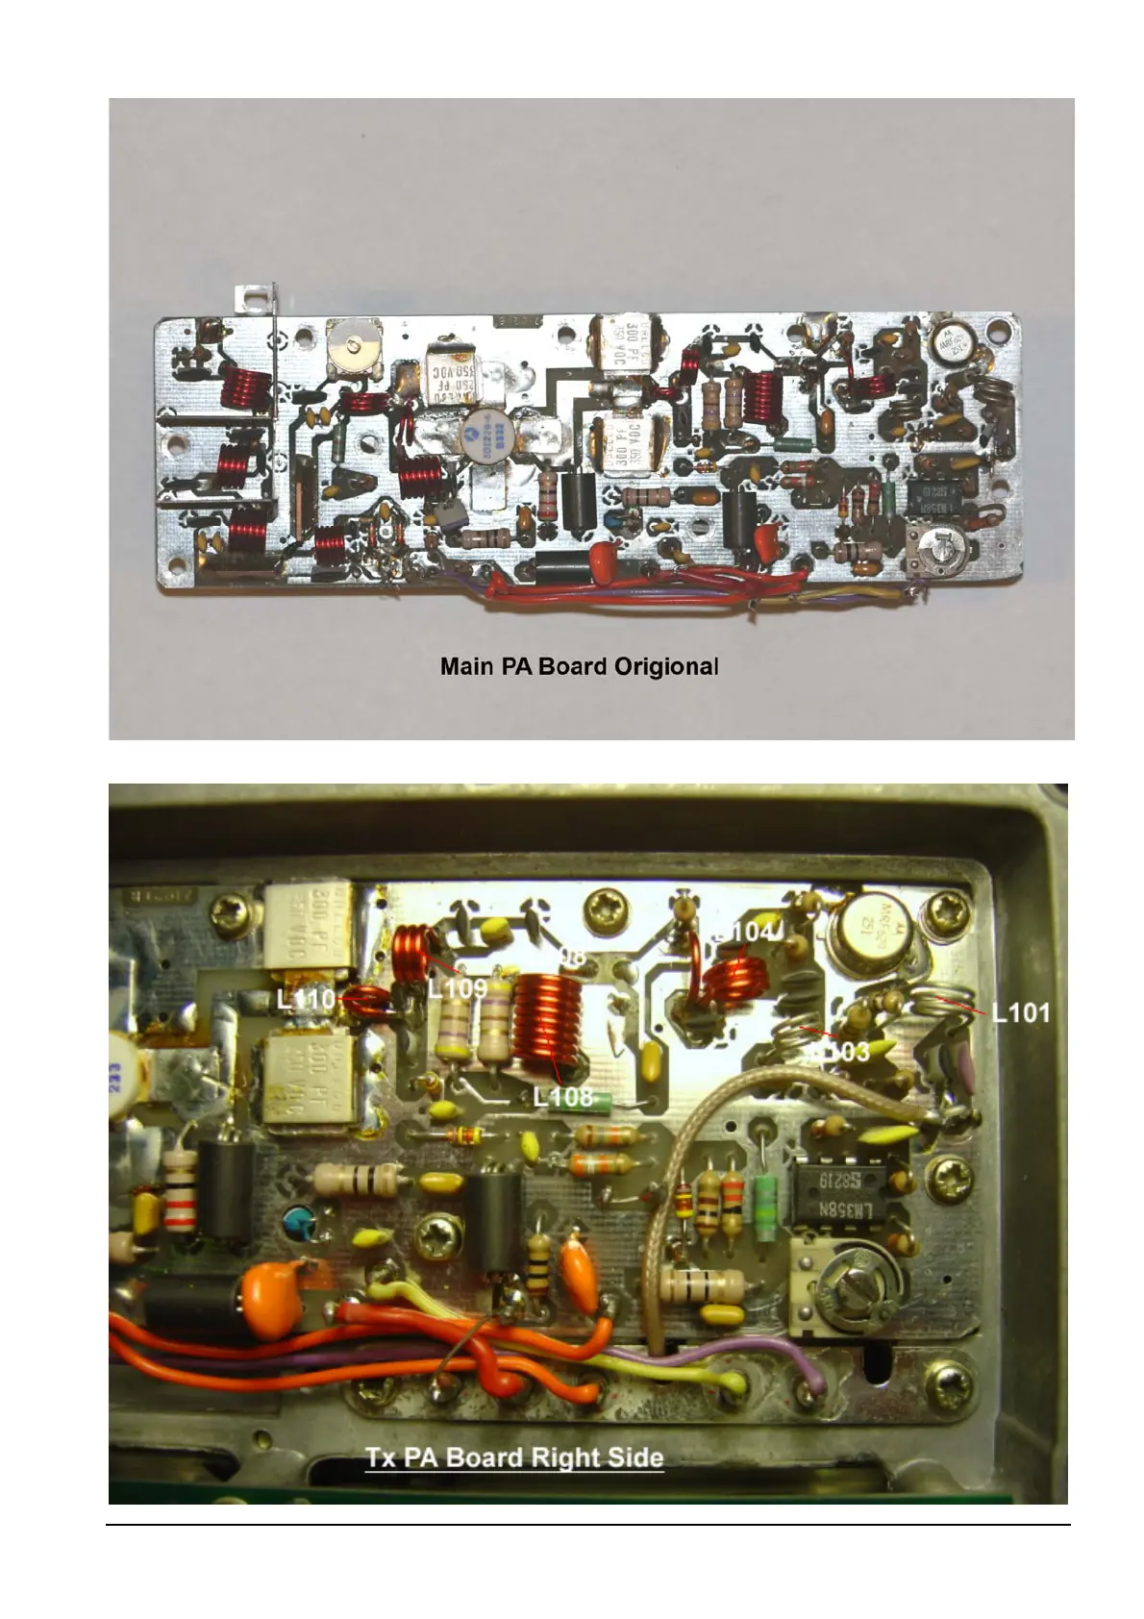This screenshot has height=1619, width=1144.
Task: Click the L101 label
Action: tap(1021, 1012)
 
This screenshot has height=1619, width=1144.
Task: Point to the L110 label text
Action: tap(306, 1000)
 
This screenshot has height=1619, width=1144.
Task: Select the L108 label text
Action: tap(563, 1096)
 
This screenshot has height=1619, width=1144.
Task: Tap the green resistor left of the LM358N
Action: tap(766, 1199)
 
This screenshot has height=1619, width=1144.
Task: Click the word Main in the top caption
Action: tap(468, 665)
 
